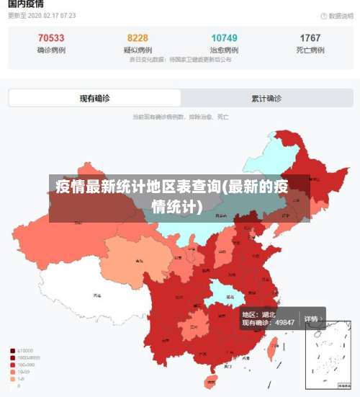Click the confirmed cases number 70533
50,38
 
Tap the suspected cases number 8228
138,38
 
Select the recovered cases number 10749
224,38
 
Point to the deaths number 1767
310,38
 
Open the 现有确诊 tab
95,99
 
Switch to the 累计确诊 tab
266,99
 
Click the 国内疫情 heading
25,4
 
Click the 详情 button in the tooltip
311,318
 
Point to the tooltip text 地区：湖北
258,315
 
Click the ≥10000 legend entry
26,351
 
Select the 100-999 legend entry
26,365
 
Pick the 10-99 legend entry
24,371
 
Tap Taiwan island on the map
272,350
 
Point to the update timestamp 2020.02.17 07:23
48,15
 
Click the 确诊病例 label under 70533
50,50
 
